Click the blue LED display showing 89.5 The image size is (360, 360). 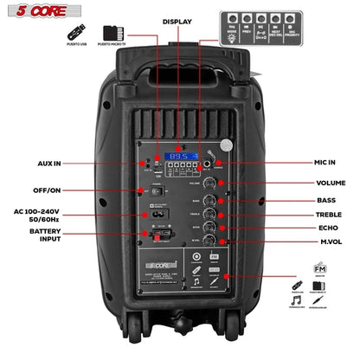tap(179, 157)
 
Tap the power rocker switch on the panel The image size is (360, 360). tap(157, 191)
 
